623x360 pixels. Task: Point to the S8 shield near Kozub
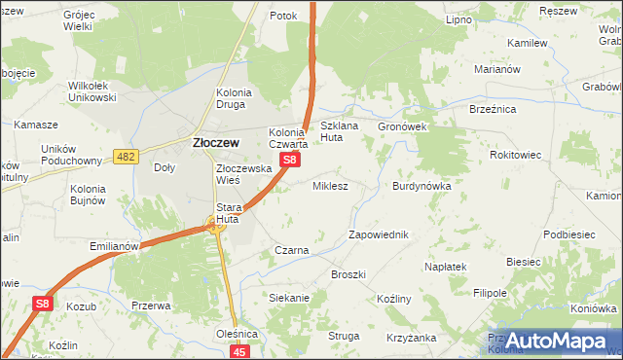point(42,305)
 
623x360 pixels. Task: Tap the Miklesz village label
point(329,185)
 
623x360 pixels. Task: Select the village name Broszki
point(348,274)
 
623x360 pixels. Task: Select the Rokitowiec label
point(516,154)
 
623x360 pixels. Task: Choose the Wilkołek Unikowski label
point(92,91)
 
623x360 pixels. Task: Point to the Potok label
point(282,16)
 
